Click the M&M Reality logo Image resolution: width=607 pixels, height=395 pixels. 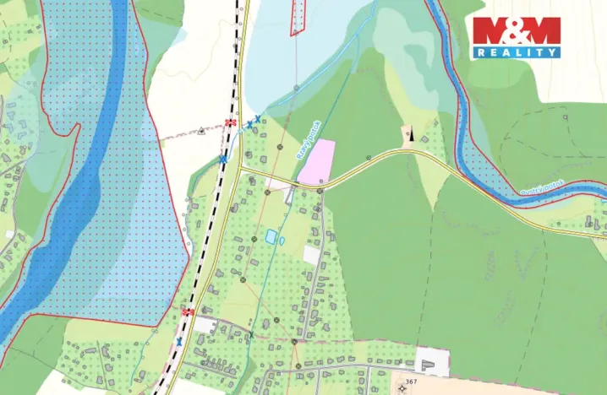[516, 37]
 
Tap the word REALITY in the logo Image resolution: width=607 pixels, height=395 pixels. [516, 52]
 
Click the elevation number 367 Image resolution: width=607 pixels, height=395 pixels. [412, 382]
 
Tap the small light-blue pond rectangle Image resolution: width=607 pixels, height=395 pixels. [271, 237]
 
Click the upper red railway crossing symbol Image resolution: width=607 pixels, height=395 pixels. [230, 123]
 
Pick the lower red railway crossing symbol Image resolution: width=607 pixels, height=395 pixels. [188, 312]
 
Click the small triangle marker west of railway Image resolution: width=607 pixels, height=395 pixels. [201, 131]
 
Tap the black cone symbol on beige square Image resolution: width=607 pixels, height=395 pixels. [408, 135]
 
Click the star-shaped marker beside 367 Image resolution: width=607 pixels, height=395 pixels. [396, 381]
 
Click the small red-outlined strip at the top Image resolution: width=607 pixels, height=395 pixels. [297, 17]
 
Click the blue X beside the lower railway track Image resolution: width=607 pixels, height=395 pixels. [178, 342]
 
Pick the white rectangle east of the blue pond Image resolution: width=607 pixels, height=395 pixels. [312, 254]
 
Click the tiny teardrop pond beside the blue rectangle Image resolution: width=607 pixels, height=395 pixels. [282, 241]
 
